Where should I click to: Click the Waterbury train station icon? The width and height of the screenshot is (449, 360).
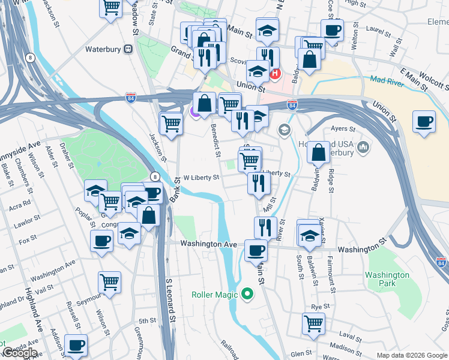(x=128, y=49)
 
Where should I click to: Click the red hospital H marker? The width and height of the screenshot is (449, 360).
(x=276, y=74)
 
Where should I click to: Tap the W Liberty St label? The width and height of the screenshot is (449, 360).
(x=201, y=178)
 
